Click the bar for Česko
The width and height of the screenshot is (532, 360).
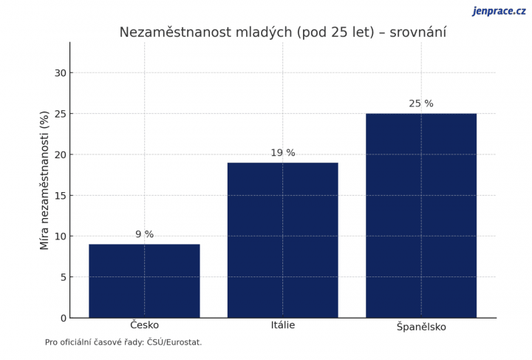[144, 281]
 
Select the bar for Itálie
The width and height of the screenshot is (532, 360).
[282, 240]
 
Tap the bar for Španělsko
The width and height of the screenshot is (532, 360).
[421, 215]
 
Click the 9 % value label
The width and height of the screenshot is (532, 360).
[145, 234]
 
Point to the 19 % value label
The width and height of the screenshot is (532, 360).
[282, 153]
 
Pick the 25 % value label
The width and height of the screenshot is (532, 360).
[421, 103]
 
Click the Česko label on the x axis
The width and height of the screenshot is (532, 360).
[144, 325]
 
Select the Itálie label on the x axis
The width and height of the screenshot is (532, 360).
[282, 325]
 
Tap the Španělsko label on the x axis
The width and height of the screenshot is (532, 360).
[421, 327]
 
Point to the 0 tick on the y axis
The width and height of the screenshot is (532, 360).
[64, 318]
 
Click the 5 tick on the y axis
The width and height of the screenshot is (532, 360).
[64, 277]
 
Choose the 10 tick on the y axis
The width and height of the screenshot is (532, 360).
[61, 237]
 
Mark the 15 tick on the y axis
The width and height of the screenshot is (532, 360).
[61, 195]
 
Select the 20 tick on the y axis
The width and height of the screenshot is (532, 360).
[61, 154]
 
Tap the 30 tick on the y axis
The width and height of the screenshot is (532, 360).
[61, 72]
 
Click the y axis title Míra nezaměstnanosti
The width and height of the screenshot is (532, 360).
[45, 180]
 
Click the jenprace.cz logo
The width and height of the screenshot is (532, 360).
[499, 11]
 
